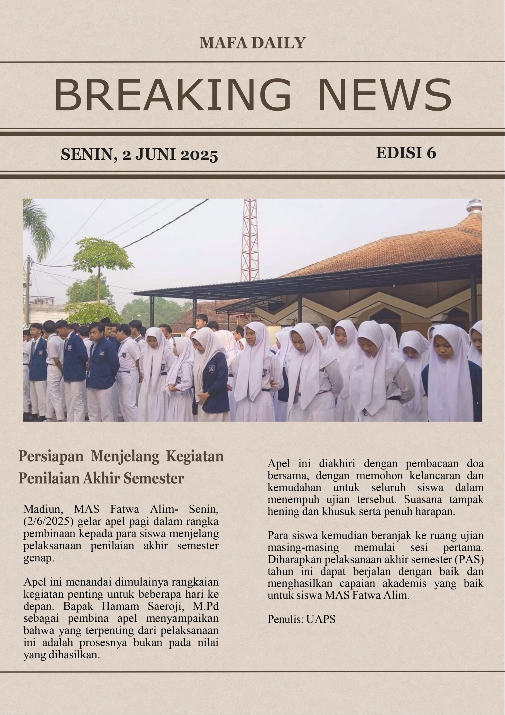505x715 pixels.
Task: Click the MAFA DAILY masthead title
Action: click(253, 43)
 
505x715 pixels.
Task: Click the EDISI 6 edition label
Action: click(406, 153)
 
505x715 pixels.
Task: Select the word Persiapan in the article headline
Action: click(51, 457)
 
